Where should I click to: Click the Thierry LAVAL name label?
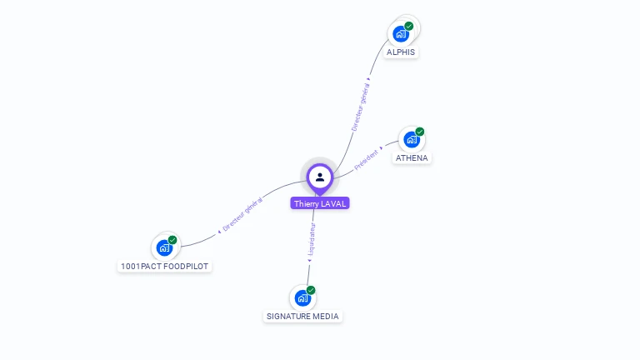320,203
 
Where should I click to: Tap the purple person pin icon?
320,177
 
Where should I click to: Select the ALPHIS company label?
401,52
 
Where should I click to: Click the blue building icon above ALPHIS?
401,34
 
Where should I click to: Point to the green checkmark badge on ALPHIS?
409,26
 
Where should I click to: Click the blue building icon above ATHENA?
411,139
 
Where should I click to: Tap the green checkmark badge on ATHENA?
420,132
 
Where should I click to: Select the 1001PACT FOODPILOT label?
164,267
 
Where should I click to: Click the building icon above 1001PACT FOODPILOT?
164,247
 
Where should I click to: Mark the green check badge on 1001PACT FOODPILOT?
172,240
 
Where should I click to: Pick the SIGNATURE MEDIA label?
303,317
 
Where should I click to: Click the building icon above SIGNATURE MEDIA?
302,297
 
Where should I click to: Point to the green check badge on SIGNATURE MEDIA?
311,290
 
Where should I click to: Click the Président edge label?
367,160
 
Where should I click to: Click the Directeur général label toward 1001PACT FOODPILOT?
242,213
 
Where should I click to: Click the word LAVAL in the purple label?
332,203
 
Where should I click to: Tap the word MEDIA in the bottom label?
325,317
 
